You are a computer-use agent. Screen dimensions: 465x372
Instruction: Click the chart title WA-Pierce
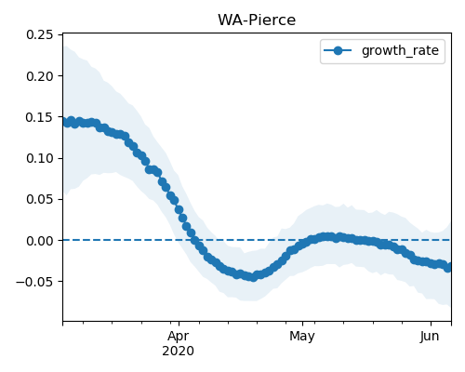(x=257, y=20)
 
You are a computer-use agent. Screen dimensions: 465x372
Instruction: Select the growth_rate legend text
(x=400, y=50)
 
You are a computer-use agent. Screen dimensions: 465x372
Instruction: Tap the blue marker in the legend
(x=338, y=50)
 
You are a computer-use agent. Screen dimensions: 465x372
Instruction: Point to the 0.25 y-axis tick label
(x=40, y=34)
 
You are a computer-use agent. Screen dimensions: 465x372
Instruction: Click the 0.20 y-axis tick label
(x=40, y=76)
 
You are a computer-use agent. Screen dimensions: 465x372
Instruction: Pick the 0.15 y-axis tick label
(x=40, y=117)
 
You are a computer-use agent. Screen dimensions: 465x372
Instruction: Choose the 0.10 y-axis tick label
(x=40, y=158)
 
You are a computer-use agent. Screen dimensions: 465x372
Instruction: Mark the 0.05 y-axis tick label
(x=40, y=199)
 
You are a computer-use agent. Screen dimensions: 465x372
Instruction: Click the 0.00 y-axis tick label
(x=40, y=240)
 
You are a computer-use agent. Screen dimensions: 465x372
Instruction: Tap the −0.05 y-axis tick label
(x=34, y=282)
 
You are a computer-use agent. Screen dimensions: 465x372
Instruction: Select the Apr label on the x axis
(x=179, y=337)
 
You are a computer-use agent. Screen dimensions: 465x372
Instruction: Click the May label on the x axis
(x=302, y=337)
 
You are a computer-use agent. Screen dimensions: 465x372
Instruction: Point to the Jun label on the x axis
(x=430, y=337)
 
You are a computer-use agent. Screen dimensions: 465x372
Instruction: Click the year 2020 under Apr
(x=179, y=351)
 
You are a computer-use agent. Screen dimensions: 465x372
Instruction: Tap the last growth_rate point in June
(x=447, y=268)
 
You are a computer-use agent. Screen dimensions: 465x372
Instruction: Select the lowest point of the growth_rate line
(x=254, y=277)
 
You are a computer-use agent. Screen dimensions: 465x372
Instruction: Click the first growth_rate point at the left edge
(x=65, y=122)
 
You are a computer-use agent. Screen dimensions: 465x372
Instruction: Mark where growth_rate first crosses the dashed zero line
(x=194, y=240)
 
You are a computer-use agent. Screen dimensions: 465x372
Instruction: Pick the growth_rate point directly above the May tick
(x=302, y=244)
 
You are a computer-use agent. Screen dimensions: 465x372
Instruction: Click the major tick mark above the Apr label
(x=179, y=324)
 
